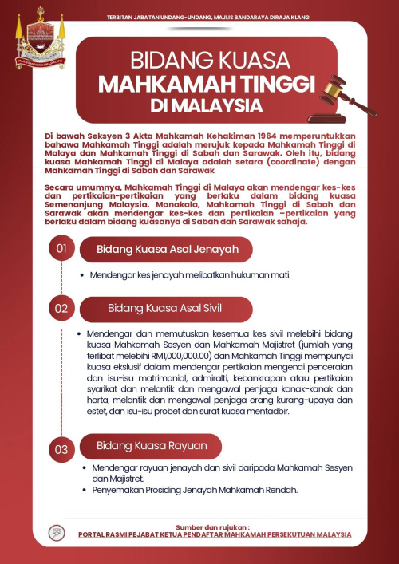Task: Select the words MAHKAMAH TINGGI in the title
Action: pos(207,85)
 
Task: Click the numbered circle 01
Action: pos(61,250)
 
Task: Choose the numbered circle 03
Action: pos(61,449)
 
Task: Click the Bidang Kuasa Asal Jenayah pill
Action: pos(167,250)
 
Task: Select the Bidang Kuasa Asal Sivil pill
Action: pos(165,308)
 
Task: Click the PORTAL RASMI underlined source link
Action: pos(215,534)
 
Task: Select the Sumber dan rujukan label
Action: pos(213,527)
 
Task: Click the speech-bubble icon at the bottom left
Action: pos(57,530)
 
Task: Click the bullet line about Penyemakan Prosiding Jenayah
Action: pos(193,489)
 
